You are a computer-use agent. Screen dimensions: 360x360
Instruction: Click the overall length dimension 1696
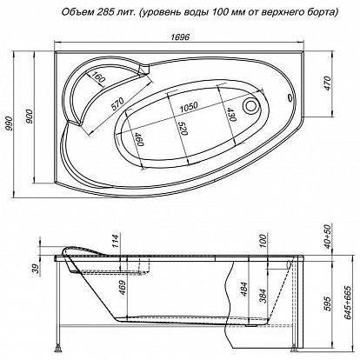[180, 37]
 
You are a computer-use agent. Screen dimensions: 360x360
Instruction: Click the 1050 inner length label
[189, 107]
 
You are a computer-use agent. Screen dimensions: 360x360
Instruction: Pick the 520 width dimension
[183, 128]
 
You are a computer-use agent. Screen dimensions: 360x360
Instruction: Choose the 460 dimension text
[139, 139]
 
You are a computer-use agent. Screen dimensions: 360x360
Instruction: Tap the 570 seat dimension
[117, 104]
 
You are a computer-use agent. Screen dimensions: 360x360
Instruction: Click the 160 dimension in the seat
[97, 77]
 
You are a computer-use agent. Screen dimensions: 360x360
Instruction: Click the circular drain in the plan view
[250, 105]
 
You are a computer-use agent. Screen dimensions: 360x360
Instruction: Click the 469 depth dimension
[123, 288]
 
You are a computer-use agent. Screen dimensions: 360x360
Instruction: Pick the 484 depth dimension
[243, 289]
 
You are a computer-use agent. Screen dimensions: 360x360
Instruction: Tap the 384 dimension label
[263, 296]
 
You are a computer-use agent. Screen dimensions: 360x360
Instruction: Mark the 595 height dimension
[327, 303]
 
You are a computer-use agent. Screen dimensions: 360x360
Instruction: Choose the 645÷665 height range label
[348, 303]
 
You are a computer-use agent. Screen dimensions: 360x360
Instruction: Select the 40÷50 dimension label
[327, 237]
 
